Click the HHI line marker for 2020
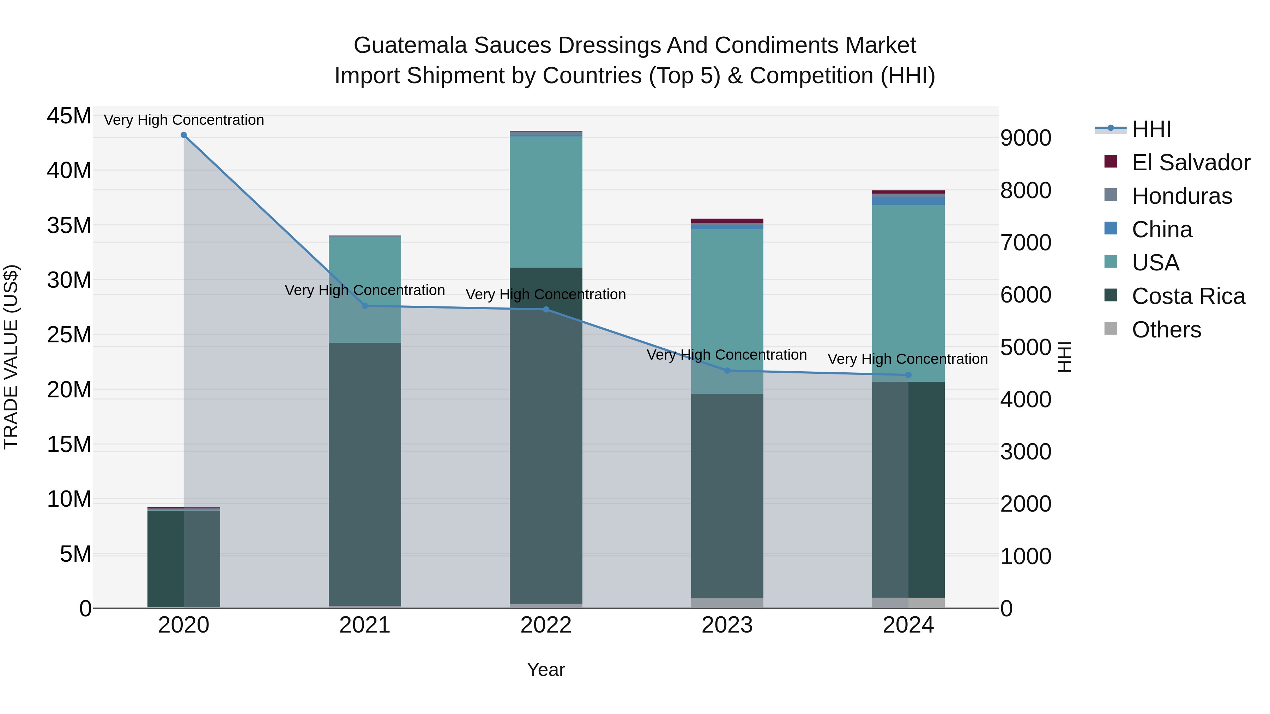pyautogui.click(x=183, y=135)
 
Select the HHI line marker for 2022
pyautogui.click(x=546, y=310)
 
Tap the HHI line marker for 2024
pyautogui.click(x=909, y=375)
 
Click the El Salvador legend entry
pyautogui.click(x=1191, y=163)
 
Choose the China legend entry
pyautogui.click(x=1162, y=230)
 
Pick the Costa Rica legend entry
pyautogui.click(x=1188, y=296)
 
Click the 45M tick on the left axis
pyautogui.click(x=69, y=116)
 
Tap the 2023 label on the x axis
pyautogui.click(x=727, y=625)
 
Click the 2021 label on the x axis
pyautogui.click(x=365, y=625)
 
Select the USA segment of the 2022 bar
pyautogui.click(x=546, y=202)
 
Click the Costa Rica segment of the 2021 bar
pyautogui.click(x=365, y=473)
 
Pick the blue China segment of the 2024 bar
pyautogui.click(x=909, y=201)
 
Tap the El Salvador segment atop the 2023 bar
pyautogui.click(x=727, y=221)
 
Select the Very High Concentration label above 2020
pyautogui.click(x=183, y=120)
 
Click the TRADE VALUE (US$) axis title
pyautogui.click(x=11, y=357)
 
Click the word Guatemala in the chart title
pyautogui.click(x=410, y=45)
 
